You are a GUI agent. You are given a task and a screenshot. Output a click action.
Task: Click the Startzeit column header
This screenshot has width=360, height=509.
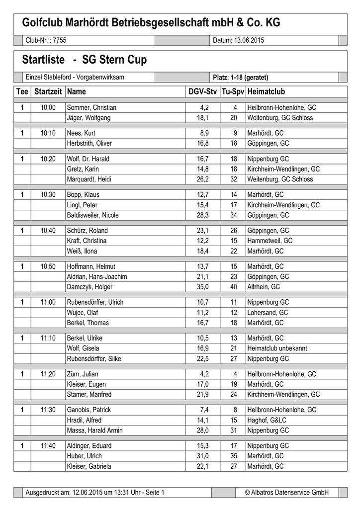click(48, 92)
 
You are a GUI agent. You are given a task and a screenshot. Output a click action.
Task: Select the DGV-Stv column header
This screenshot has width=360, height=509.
click(202, 92)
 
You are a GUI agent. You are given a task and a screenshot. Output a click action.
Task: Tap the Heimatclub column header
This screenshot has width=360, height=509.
click(266, 92)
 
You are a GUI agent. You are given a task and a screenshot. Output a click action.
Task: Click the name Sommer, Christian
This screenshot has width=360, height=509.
click(91, 107)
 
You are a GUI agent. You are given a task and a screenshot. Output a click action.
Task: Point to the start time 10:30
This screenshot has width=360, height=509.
click(48, 195)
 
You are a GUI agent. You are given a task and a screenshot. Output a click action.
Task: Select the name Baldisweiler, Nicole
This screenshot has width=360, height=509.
click(92, 215)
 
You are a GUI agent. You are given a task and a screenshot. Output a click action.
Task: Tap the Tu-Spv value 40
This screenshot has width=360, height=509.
click(234, 287)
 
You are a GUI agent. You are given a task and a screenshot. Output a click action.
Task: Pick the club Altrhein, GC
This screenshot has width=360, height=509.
click(264, 287)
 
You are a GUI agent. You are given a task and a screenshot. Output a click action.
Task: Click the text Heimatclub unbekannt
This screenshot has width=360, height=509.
click(277, 348)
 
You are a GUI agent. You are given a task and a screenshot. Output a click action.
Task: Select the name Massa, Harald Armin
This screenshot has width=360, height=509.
click(94, 430)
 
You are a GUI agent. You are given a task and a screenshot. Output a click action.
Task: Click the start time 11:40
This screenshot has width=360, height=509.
click(48, 446)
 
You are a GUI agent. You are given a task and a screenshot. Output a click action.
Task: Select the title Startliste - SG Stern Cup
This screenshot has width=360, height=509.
click(85, 61)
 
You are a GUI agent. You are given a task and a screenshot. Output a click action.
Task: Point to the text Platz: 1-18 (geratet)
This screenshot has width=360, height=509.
click(240, 78)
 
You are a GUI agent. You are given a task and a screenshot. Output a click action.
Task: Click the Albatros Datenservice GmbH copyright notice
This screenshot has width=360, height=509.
click(287, 492)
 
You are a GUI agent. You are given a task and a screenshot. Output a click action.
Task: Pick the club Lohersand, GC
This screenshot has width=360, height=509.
click(268, 313)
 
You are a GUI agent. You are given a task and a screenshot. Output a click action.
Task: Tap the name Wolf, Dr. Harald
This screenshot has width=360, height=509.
click(88, 159)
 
